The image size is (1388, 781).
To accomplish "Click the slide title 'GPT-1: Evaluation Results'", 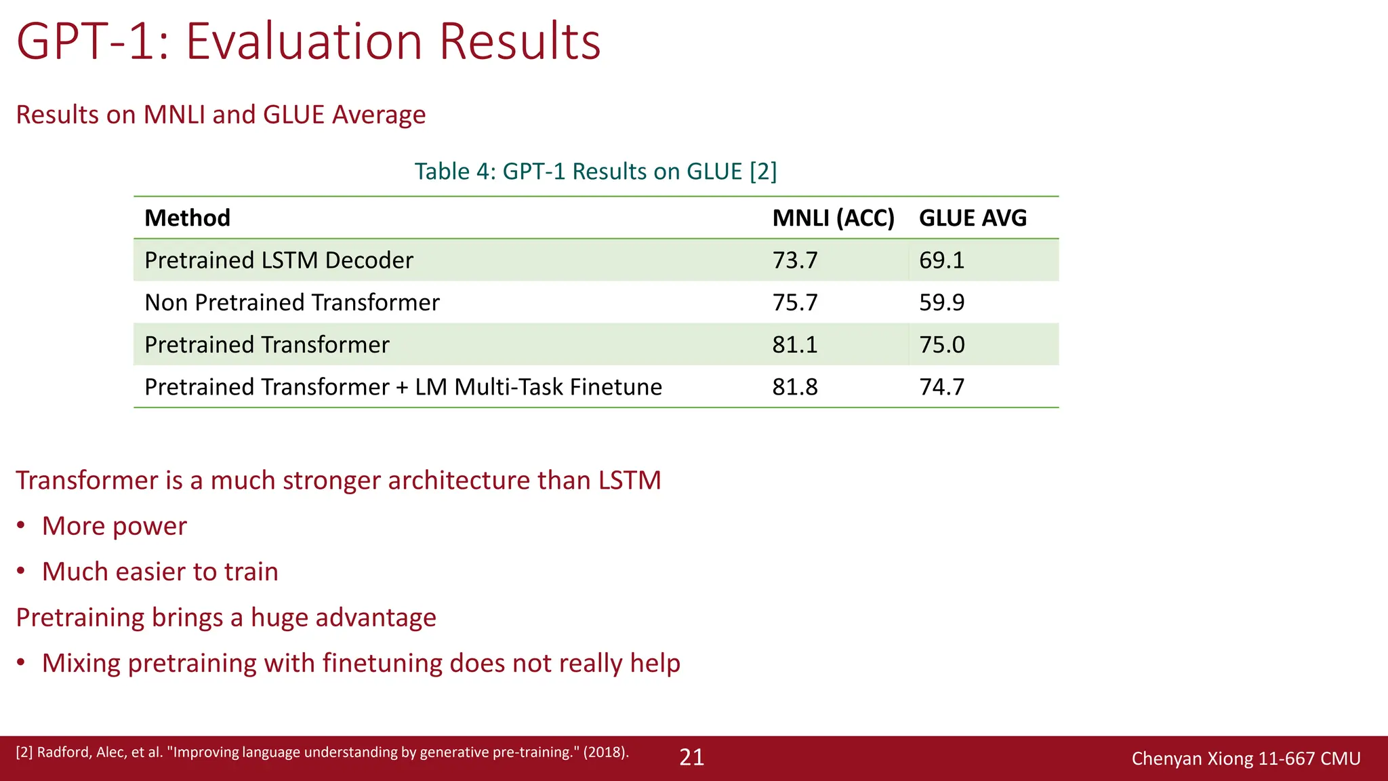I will pyautogui.click(x=308, y=42).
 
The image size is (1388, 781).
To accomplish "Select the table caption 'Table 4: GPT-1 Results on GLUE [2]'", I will pyautogui.click(x=595, y=172).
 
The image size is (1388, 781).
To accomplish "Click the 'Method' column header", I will pyautogui.click(x=187, y=218).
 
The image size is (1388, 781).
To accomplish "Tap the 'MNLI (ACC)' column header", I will pyautogui.click(x=833, y=218).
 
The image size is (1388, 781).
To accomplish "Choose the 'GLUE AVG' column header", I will pyautogui.click(x=973, y=218).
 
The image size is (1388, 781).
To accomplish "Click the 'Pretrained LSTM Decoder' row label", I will pyautogui.click(x=279, y=260).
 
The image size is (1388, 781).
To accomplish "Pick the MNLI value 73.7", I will pyautogui.click(x=795, y=260).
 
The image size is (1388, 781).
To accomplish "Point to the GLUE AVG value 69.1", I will pyautogui.click(x=941, y=260).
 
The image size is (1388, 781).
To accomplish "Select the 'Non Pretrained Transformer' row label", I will pyautogui.click(x=292, y=302).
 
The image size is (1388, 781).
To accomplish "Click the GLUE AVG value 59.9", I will pyautogui.click(x=941, y=302).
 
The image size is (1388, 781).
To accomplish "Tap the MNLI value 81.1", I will pyautogui.click(x=795, y=345).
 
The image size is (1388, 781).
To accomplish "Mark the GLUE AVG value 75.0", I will pyautogui.click(x=941, y=345).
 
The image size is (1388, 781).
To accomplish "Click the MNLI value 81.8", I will pyautogui.click(x=795, y=387).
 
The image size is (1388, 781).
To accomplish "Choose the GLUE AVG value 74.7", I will pyautogui.click(x=941, y=387).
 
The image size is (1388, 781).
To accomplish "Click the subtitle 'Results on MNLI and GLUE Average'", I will pyautogui.click(x=220, y=115).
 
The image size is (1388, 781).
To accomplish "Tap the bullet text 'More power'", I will pyautogui.click(x=114, y=526).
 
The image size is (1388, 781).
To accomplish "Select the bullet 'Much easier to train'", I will pyautogui.click(x=160, y=572).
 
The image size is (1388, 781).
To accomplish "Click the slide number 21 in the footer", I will pyautogui.click(x=691, y=757).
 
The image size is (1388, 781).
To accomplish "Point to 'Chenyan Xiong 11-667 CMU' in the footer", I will pyautogui.click(x=1246, y=759).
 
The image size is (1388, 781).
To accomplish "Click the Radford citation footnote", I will pyautogui.click(x=322, y=752).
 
